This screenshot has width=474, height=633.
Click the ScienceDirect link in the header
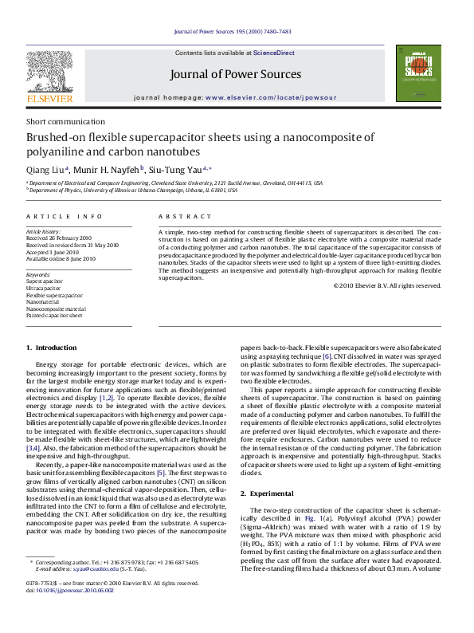274,53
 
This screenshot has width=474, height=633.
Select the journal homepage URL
271,96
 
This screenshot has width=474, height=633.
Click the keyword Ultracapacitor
45,288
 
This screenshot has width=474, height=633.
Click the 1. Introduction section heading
52,348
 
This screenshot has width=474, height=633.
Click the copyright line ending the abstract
387,285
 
